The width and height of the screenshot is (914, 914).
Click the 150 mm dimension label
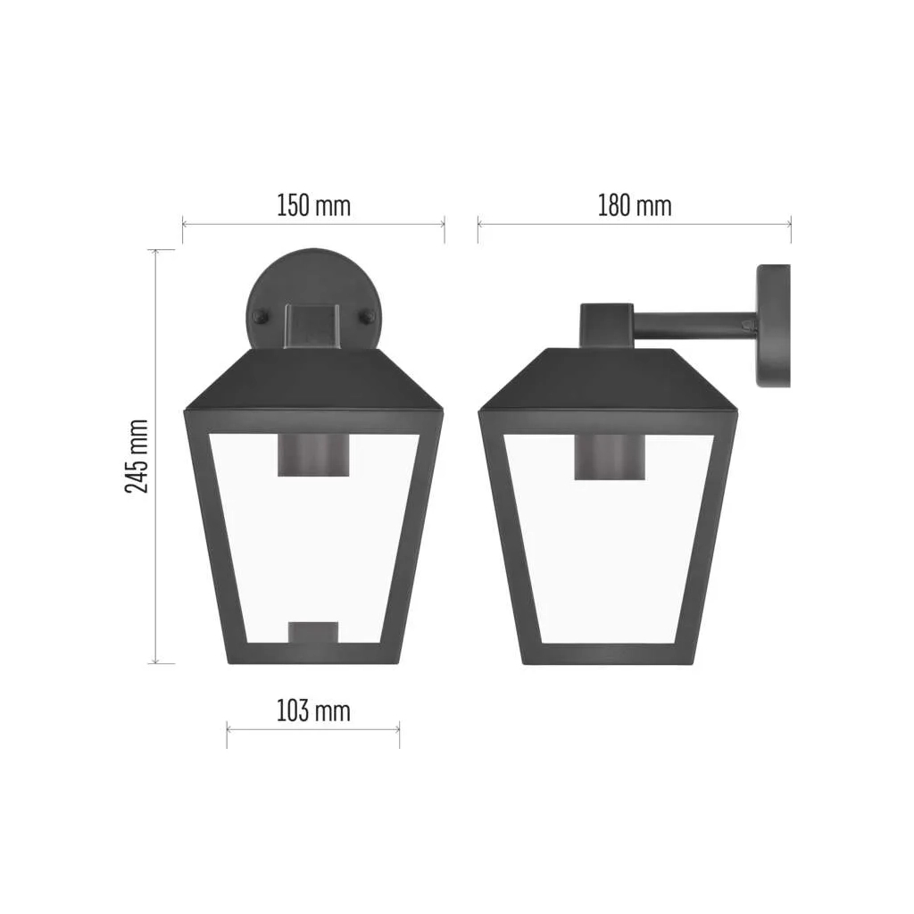tap(313, 206)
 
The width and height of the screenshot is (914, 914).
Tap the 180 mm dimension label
tap(635, 206)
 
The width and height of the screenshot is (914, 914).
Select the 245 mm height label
tap(137, 456)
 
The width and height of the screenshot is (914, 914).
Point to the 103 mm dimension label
tap(313, 711)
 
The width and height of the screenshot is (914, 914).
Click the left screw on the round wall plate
tap(259, 317)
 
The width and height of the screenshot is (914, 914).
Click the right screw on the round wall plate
tap(367, 317)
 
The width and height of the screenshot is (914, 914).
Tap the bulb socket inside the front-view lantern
tap(313, 455)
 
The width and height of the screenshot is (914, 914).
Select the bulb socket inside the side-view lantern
tap(610, 457)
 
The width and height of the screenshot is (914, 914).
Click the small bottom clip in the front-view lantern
tap(313, 633)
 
